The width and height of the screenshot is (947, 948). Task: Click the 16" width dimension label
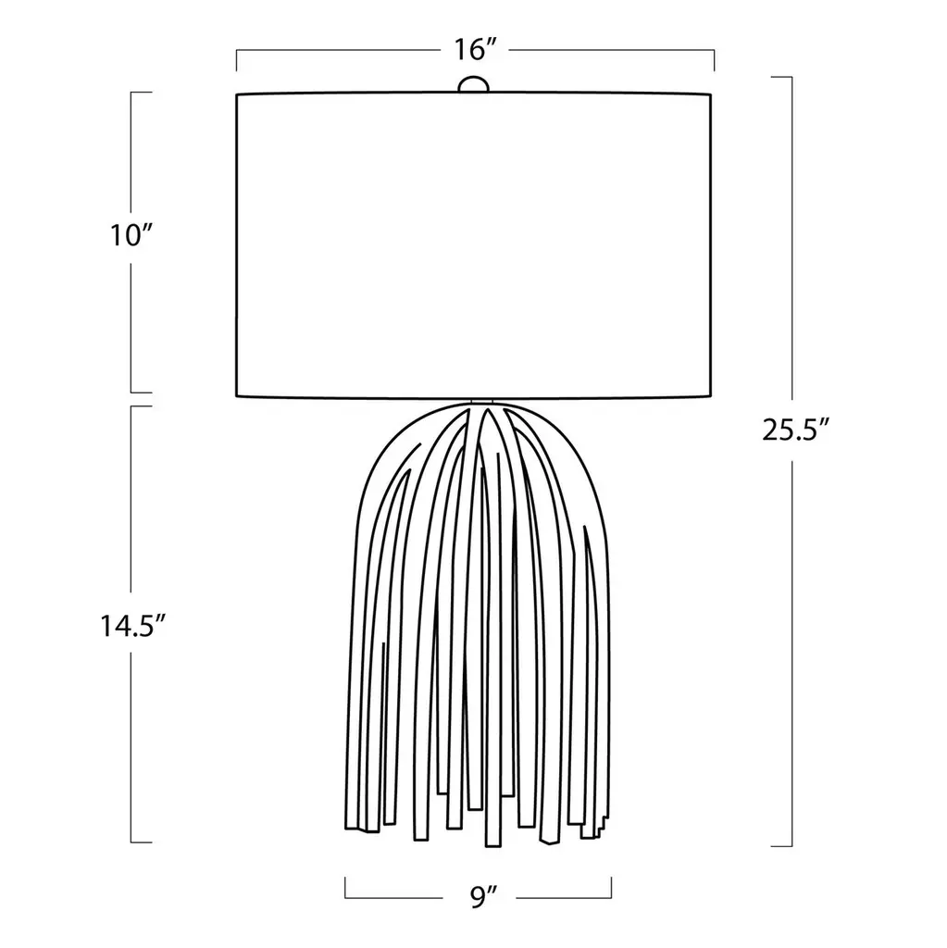point(475,50)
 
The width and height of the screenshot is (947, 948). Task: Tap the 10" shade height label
point(130,234)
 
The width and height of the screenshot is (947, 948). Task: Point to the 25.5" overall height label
point(794,430)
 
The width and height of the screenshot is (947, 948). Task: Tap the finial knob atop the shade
point(473,84)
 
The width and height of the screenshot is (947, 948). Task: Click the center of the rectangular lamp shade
point(474,245)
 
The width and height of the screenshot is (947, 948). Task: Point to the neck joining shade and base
point(482,403)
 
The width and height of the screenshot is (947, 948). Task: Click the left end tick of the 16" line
point(236,60)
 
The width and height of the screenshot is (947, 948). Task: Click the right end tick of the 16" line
point(714,60)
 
